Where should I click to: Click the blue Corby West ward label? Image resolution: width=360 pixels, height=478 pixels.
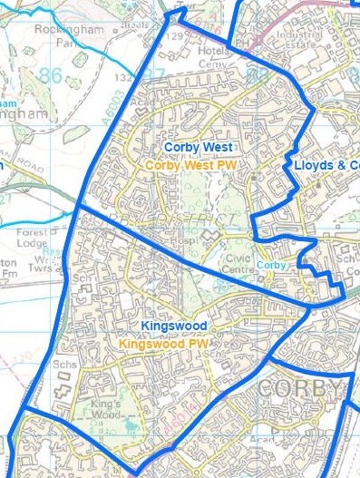pos(199,146)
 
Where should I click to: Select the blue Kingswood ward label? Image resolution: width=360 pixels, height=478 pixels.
pos(174,325)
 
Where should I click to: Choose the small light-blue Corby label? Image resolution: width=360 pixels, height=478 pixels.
pos(271,265)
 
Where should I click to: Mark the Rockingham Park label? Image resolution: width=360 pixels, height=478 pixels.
pos(61,34)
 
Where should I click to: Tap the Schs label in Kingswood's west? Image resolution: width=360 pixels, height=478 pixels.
pos(63,364)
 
